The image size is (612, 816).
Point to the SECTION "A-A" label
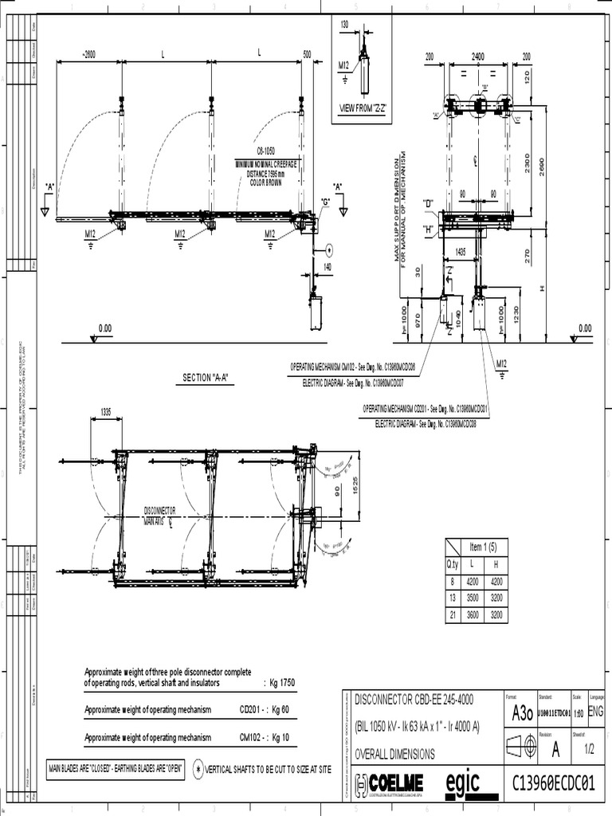point(206,378)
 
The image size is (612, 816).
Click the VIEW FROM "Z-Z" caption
point(363,108)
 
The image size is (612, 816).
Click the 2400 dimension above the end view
point(477,57)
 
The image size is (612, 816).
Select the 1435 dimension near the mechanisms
point(461,250)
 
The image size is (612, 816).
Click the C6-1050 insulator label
point(266,150)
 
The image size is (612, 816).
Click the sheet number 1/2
point(590,749)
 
